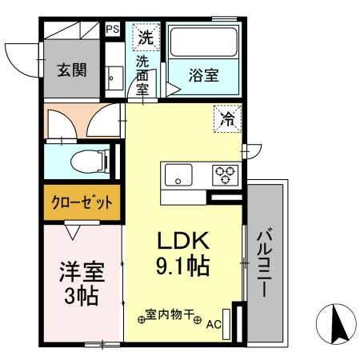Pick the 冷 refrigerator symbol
(227, 120)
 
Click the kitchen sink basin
(177, 174)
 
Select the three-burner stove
(224, 174)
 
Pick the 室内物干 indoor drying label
(171, 314)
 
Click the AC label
(214, 325)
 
